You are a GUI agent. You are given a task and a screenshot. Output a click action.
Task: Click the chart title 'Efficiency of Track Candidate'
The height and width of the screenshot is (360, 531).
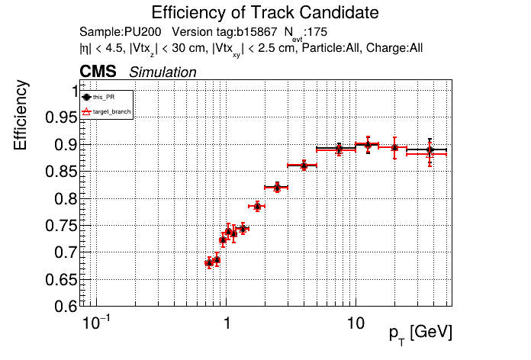(x=265, y=13)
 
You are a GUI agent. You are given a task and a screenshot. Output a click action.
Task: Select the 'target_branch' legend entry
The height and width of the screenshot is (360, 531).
(x=111, y=111)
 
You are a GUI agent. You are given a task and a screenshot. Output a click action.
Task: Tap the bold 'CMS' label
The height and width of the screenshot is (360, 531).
(x=98, y=72)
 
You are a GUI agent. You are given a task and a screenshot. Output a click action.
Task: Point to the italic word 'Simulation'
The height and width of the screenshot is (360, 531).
(x=163, y=72)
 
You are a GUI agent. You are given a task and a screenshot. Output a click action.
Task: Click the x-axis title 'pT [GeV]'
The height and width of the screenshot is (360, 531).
(x=420, y=333)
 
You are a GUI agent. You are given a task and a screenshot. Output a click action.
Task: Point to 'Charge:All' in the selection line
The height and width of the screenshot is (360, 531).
(x=396, y=48)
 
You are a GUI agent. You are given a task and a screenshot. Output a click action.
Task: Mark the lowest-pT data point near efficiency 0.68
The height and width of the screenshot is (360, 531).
(x=209, y=263)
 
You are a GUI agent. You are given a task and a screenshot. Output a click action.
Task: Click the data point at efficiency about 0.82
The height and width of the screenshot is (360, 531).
(x=277, y=187)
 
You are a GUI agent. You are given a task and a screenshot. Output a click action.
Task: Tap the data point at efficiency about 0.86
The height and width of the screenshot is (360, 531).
(x=304, y=166)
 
